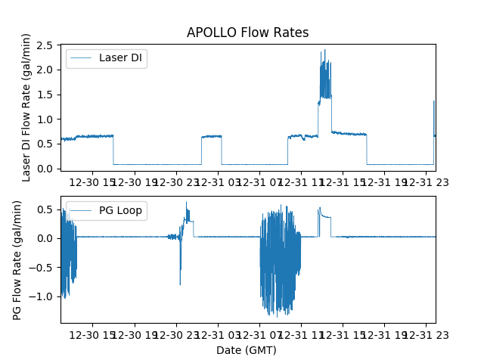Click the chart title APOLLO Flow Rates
point(247,33)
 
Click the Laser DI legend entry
point(107,59)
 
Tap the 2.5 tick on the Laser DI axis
point(46,46)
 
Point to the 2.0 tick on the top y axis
point(46,70)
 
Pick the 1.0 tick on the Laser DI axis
point(46,119)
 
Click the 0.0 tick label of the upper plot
point(46,169)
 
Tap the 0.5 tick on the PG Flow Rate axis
point(46,209)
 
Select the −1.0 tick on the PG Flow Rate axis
point(42,296)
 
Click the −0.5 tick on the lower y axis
point(42,268)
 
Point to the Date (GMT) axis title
point(247,350)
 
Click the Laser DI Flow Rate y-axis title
point(26,107)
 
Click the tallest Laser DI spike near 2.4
point(325,51)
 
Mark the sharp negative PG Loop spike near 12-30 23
point(180,284)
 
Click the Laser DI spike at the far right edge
point(434,101)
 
